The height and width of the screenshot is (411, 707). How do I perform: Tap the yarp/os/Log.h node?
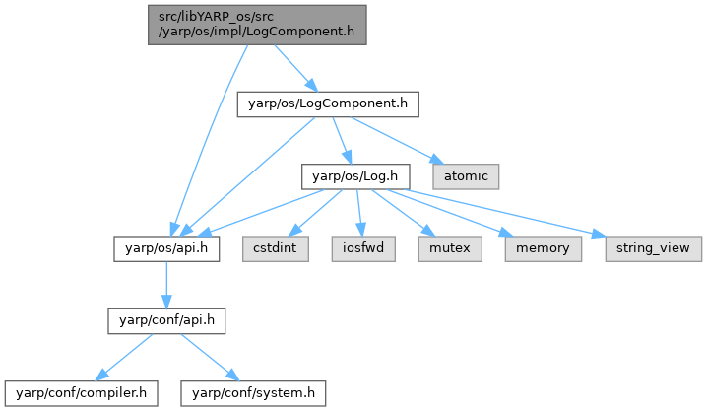coord(353,176)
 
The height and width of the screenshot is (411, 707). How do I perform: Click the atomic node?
coord(466,176)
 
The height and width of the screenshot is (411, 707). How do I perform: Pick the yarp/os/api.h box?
coord(166,248)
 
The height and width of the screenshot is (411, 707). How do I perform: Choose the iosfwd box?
coord(361,248)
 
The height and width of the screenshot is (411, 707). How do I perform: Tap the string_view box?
coord(653,248)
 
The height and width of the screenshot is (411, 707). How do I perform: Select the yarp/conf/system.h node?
coord(252,393)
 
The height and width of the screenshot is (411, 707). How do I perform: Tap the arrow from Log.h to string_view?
coord(502,212)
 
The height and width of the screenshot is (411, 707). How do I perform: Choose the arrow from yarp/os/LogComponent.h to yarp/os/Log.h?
coord(341,140)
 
